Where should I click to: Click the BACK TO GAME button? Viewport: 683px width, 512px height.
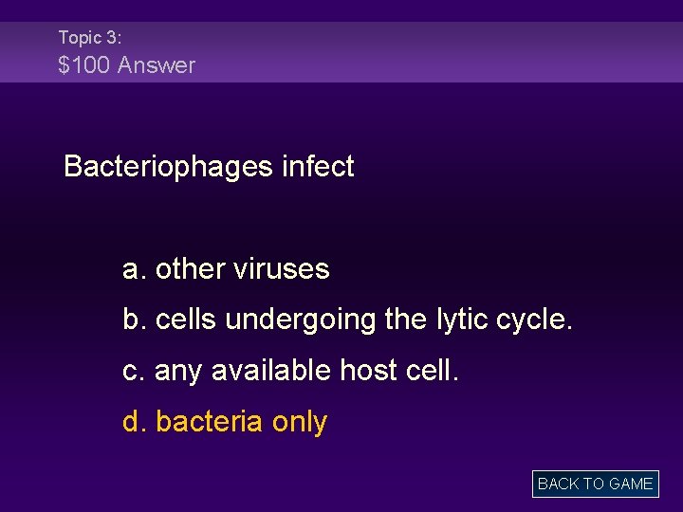[595, 484]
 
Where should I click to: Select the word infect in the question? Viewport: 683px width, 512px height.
[318, 167]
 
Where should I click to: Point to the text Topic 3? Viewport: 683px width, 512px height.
[89, 37]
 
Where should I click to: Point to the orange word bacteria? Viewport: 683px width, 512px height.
[209, 422]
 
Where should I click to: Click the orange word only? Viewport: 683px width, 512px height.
[299, 422]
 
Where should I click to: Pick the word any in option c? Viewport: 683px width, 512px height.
[178, 372]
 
